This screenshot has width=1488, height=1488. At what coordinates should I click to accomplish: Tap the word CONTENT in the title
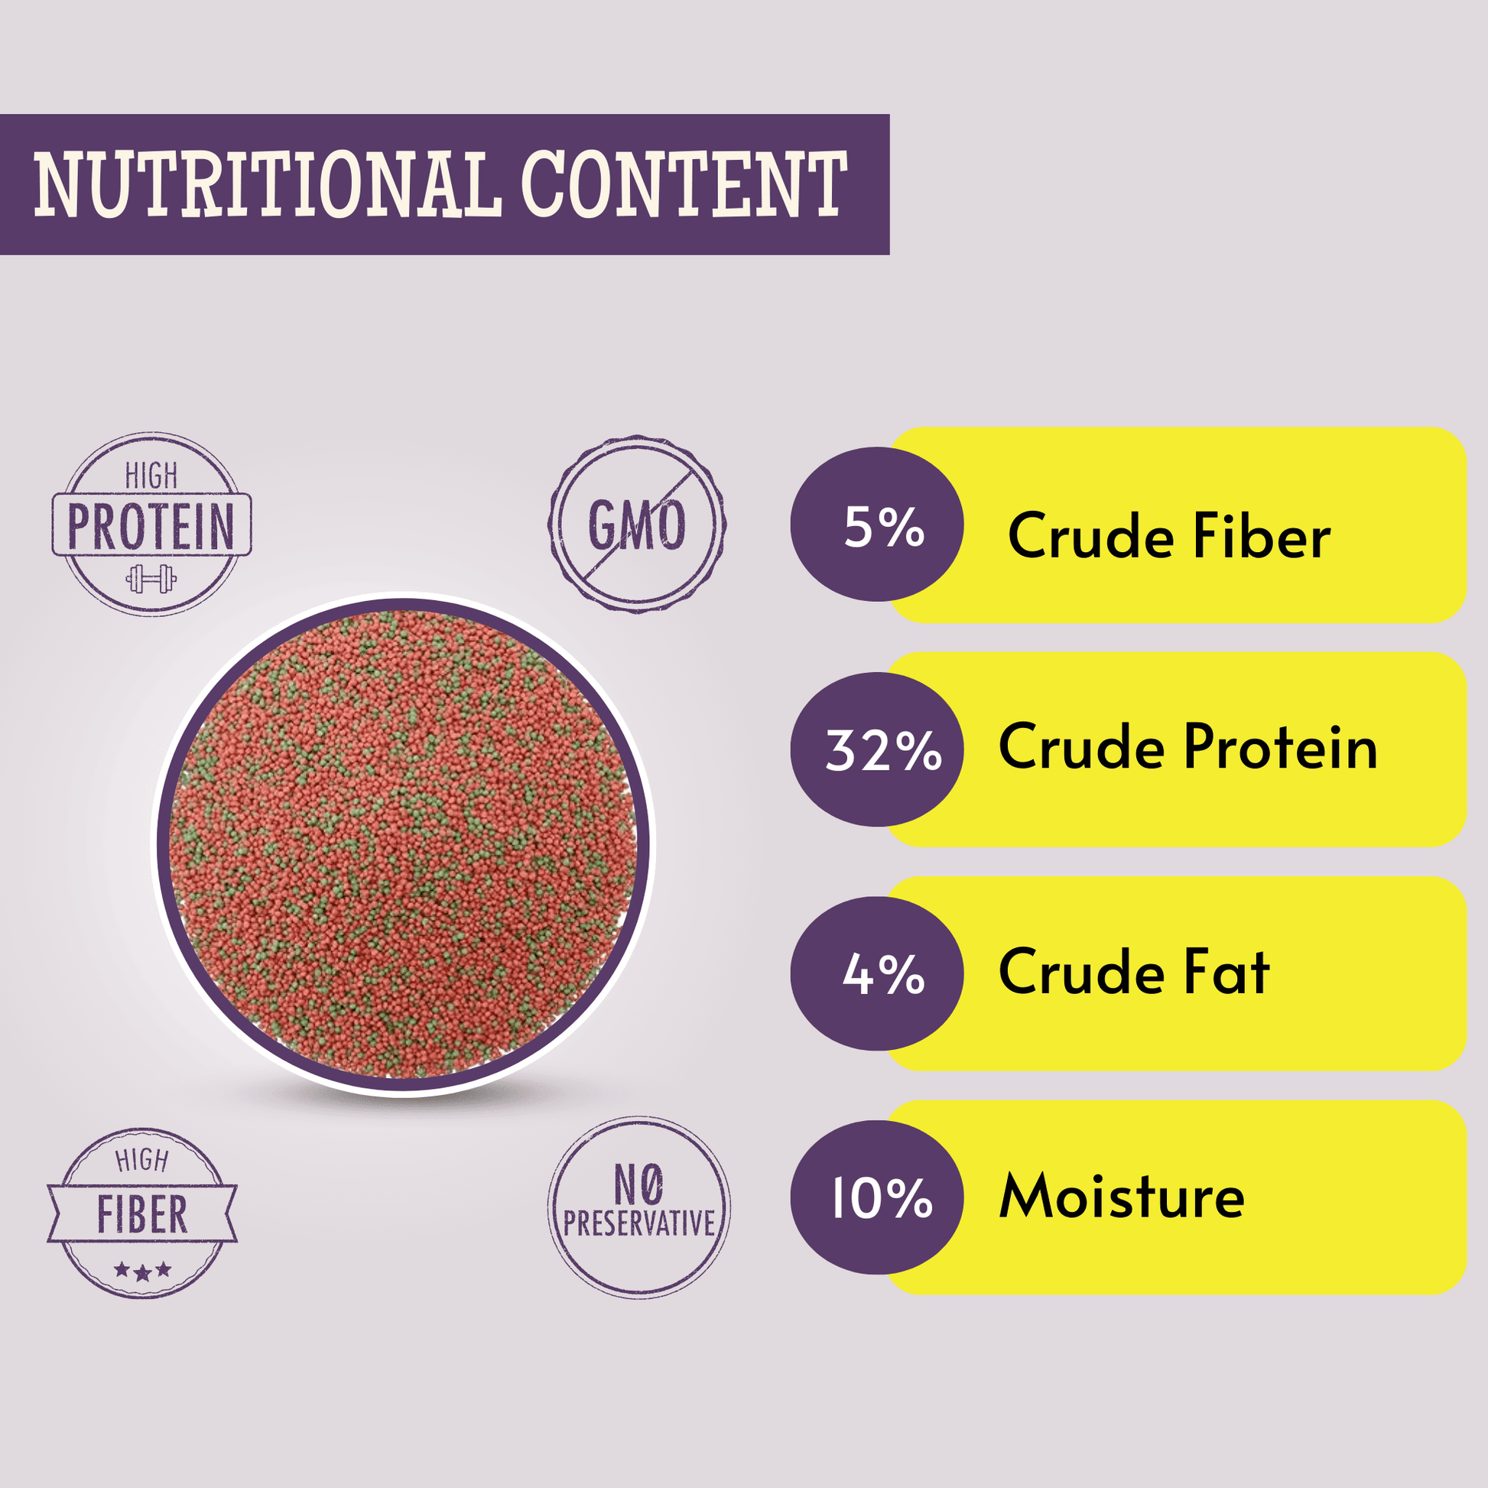(684, 184)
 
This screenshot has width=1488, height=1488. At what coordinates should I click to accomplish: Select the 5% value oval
(876, 525)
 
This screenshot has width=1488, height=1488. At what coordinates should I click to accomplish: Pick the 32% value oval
(876, 749)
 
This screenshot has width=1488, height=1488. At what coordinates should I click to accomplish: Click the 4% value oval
(876, 973)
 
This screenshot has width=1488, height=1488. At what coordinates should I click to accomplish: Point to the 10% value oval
(876, 1197)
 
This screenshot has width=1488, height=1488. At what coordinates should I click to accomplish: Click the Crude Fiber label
(1169, 535)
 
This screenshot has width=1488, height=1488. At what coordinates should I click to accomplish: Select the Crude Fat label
(1134, 971)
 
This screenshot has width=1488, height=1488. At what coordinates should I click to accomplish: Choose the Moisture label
(1122, 1196)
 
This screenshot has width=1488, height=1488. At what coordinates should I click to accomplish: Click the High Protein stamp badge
(151, 524)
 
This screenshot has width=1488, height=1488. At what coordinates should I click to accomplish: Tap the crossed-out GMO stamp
(637, 525)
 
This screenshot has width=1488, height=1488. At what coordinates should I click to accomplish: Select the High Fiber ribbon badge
(142, 1213)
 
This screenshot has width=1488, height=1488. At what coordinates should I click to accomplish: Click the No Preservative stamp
(638, 1207)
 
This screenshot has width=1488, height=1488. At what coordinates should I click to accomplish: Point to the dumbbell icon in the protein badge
(151, 578)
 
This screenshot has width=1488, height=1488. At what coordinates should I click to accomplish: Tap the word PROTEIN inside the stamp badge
(151, 526)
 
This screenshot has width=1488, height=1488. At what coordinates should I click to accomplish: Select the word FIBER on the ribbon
(142, 1214)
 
